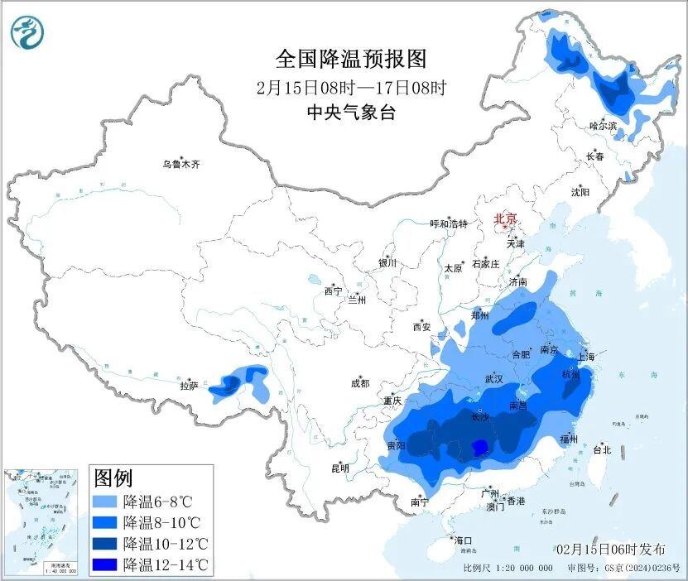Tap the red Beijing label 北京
[505, 218]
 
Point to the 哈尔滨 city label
[603, 126]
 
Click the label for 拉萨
[189, 385]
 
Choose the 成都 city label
[359, 383]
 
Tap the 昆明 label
[340, 468]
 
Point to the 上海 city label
[586, 356]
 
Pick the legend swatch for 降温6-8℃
[104, 502]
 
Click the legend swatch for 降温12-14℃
[104, 565]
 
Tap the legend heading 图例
[113, 478]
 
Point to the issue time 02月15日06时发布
[611, 549]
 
